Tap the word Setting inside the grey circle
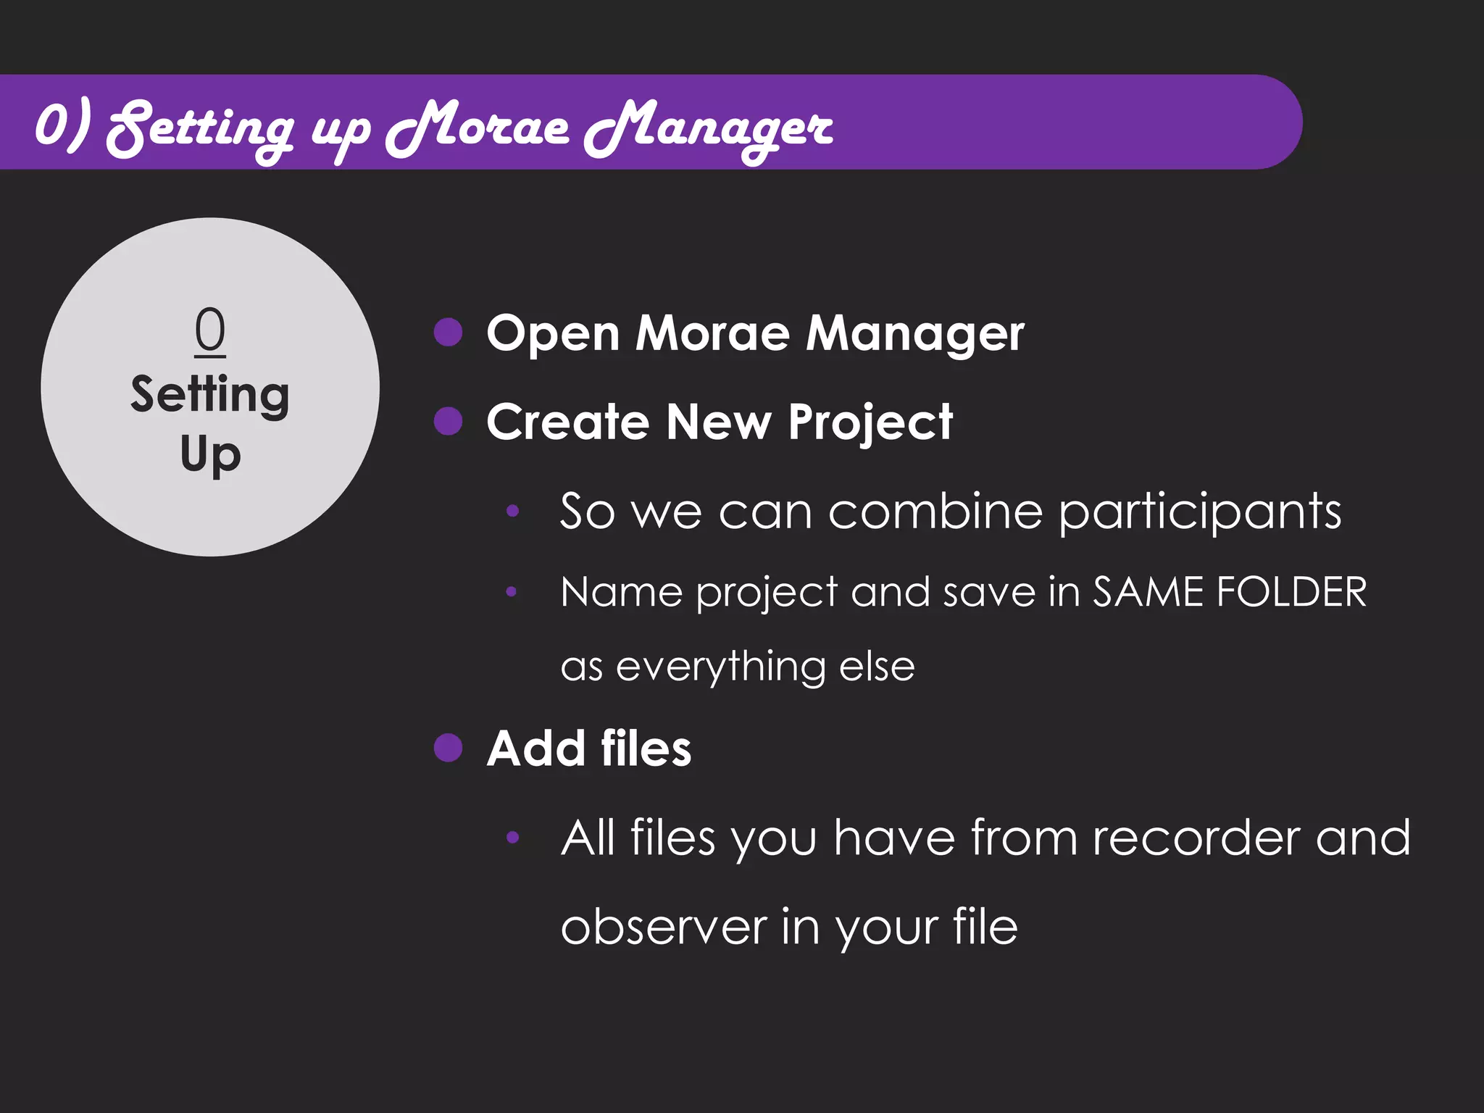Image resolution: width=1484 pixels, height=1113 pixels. pos(210,395)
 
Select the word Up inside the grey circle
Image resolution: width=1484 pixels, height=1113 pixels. pos(210,455)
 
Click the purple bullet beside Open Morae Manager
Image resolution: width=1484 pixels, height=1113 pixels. pos(448,333)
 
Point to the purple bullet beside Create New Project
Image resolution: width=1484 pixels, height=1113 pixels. pos(448,421)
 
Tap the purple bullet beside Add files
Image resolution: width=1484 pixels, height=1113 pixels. pos(448,748)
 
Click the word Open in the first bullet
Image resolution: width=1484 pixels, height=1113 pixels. pos(553,334)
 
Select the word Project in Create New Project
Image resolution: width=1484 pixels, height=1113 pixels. pos(870,422)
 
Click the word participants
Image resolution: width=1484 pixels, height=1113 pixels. pos(1200,512)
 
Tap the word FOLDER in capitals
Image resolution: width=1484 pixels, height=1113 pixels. pos(1291,592)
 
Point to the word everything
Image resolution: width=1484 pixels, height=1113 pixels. pos(720,667)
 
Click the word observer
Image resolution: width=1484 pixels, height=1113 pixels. pos(664,927)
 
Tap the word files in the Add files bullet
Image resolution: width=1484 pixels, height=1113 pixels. pos(646,749)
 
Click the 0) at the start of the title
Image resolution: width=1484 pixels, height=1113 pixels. pos(64,125)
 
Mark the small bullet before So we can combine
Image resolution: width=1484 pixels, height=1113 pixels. pos(512,511)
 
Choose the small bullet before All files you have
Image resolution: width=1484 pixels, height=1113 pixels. pos(512,838)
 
